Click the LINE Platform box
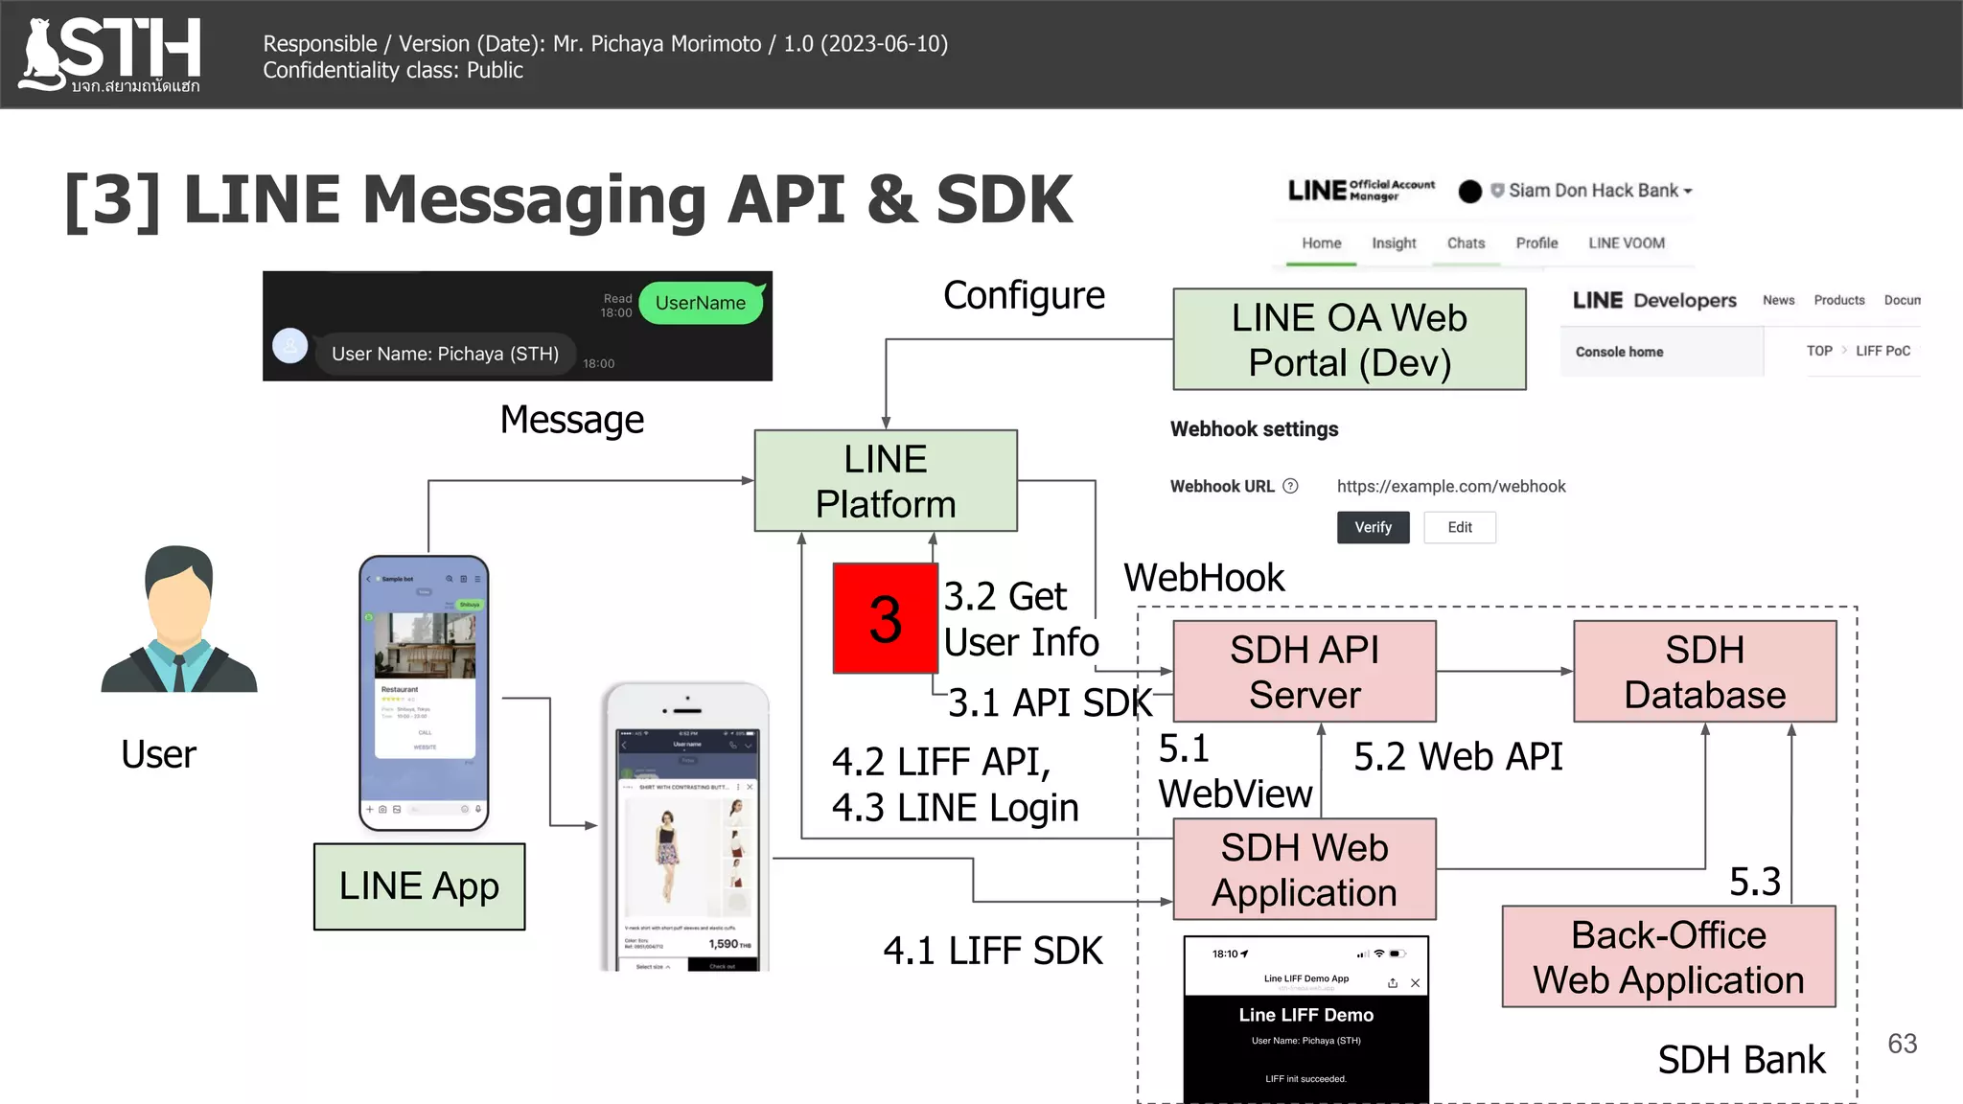click(x=885, y=481)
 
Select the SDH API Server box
click(x=1304, y=672)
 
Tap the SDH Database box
click(x=1704, y=672)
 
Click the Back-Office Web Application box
click(x=1668, y=957)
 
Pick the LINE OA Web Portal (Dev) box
click(x=1349, y=340)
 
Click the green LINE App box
click(x=419, y=886)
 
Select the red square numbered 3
click(x=885, y=619)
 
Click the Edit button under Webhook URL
click(x=1459, y=527)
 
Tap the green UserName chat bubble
click(x=701, y=303)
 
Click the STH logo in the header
click(x=110, y=55)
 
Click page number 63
click(x=1902, y=1044)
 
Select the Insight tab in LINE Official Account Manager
click(x=1393, y=243)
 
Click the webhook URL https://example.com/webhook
click(x=1450, y=487)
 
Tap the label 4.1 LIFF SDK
click(x=992, y=952)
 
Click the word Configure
click(x=1024, y=296)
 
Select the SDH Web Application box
click(x=1304, y=870)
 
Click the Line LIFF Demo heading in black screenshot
click(x=1305, y=1015)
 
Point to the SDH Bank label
click(x=1741, y=1060)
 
